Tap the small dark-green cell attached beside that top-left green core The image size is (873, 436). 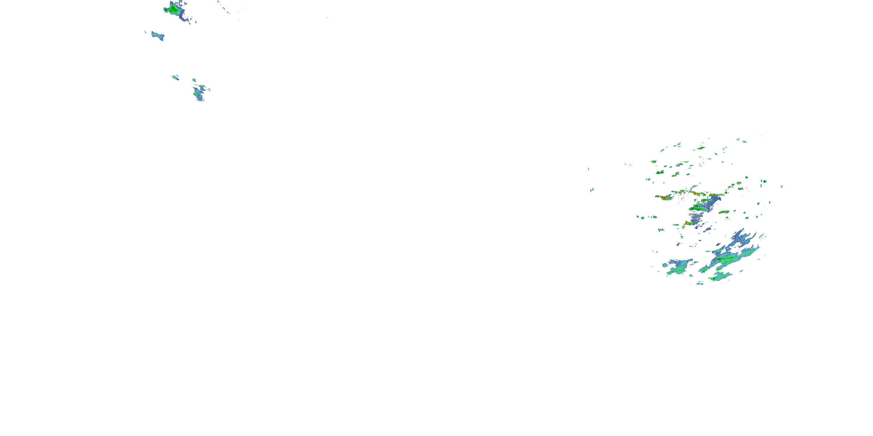click(x=166, y=10)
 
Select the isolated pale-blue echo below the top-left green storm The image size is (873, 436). click(x=158, y=35)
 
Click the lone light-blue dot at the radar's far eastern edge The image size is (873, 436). click(x=782, y=187)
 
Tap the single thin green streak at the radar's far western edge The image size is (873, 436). click(x=589, y=169)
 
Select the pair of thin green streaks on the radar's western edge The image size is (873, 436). click(x=592, y=190)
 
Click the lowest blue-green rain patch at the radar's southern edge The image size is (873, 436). click(x=720, y=277)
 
